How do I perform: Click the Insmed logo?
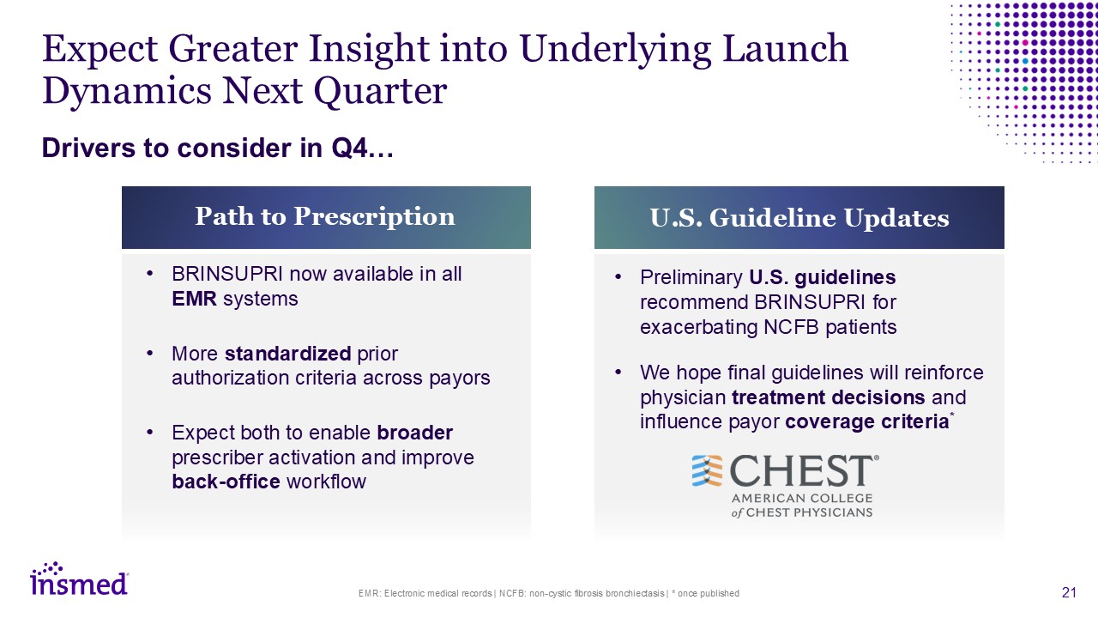point(80,579)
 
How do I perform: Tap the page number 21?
point(1069,592)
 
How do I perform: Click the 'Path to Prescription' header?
point(326,217)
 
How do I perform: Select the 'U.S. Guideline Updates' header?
point(799,217)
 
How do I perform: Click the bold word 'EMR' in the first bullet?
point(194,299)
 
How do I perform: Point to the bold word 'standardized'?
point(287,353)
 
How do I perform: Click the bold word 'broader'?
point(414,433)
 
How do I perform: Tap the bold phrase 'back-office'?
point(226,482)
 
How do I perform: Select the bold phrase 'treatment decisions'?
point(829,397)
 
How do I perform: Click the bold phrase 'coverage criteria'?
point(867,421)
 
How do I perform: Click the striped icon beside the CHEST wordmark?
point(707,471)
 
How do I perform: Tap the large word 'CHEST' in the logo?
point(801,471)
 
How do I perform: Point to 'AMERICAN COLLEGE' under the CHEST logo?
point(802,499)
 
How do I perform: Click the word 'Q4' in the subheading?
point(349,148)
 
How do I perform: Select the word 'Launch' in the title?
point(785,49)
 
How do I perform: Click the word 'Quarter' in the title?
point(380,91)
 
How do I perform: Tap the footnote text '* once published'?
point(705,593)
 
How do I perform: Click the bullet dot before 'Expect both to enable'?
point(150,433)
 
